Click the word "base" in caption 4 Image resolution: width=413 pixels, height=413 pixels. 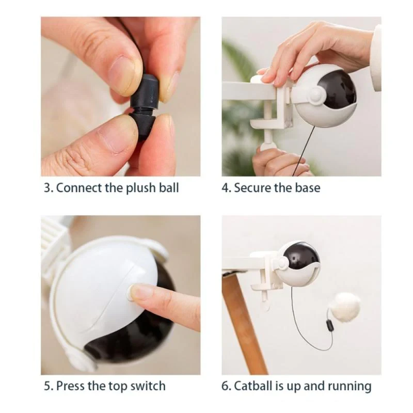pos(307,187)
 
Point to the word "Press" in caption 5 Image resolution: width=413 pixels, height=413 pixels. pos(72,386)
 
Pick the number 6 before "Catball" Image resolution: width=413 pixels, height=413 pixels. pos(225,386)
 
